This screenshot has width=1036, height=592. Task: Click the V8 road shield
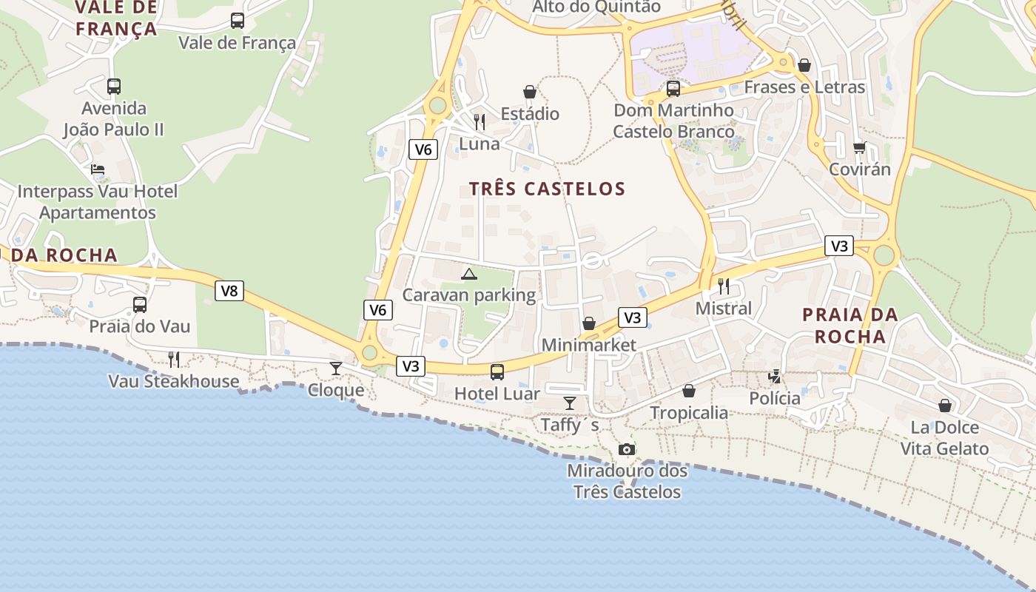pyautogui.click(x=229, y=291)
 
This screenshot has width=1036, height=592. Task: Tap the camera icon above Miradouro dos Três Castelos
pyautogui.click(x=626, y=449)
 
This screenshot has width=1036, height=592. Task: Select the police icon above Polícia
pyautogui.click(x=775, y=377)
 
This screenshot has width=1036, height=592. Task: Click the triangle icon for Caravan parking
pyautogui.click(x=469, y=275)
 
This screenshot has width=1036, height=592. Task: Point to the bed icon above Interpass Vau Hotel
pyautogui.click(x=98, y=169)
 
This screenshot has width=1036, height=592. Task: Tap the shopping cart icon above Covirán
pyautogui.click(x=859, y=147)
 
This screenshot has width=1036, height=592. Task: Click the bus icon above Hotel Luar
pyautogui.click(x=497, y=371)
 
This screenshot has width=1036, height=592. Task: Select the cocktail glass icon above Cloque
pyautogui.click(x=336, y=368)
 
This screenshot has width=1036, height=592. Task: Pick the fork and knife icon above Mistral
pyautogui.click(x=724, y=286)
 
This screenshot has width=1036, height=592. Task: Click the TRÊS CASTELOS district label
pyautogui.click(x=548, y=189)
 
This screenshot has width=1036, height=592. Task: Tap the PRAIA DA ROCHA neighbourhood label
pyautogui.click(x=850, y=326)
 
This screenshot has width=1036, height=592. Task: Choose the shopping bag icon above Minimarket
pyautogui.click(x=589, y=323)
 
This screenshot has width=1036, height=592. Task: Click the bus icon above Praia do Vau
pyautogui.click(x=140, y=304)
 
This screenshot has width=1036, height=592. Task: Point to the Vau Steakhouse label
pyautogui.click(x=174, y=381)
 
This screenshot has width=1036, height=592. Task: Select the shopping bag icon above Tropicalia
pyautogui.click(x=689, y=391)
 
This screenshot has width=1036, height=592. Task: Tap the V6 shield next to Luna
pyautogui.click(x=423, y=149)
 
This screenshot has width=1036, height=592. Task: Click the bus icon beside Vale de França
pyautogui.click(x=238, y=21)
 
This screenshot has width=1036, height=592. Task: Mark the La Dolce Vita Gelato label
pyautogui.click(x=944, y=438)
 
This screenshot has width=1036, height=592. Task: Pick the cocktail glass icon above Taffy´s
pyautogui.click(x=570, y=403)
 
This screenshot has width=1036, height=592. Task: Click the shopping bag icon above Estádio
pyautogui.click(x=530, y=92)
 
